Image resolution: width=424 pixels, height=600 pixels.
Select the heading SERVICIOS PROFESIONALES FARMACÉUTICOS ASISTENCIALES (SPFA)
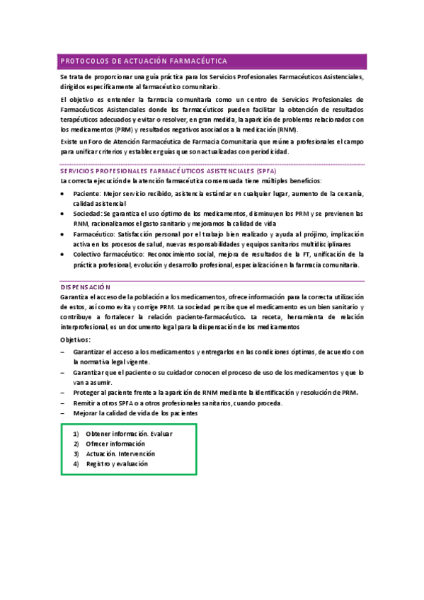tap(168, 171)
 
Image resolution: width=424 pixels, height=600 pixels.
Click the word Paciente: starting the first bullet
tap(87, 193)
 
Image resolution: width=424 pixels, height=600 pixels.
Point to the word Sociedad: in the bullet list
tap(88, 213)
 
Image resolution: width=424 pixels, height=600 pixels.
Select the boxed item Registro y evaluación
tap(117, 464)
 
